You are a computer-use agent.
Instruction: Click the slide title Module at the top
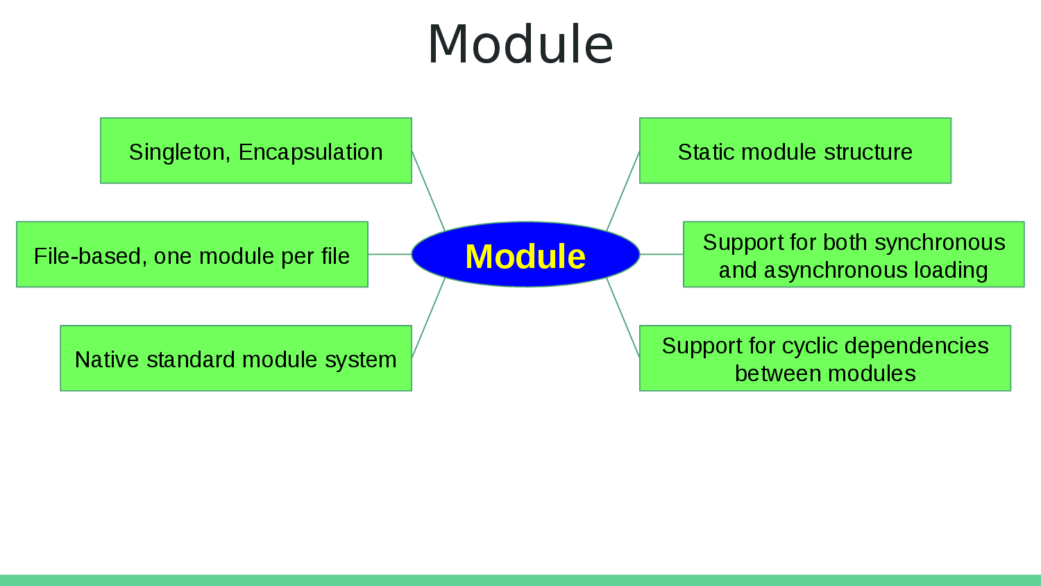(520, 44)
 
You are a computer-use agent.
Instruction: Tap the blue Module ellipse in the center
(525, 255)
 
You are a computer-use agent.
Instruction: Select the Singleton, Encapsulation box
(255, 151)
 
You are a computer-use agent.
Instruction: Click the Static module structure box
(795, 151)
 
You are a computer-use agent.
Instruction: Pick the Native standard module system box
(235, 358)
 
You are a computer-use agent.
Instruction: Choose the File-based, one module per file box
(192, 255)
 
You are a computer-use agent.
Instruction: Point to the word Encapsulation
(310, 152)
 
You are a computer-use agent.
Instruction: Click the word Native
(108, 360)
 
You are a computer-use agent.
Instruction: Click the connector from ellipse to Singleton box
(428, 190)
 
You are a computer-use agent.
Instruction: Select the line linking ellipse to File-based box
(389, 254)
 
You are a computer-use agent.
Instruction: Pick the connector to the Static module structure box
(623, 190)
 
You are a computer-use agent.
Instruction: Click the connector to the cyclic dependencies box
(623, 318)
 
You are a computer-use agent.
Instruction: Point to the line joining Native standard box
(428, 318)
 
